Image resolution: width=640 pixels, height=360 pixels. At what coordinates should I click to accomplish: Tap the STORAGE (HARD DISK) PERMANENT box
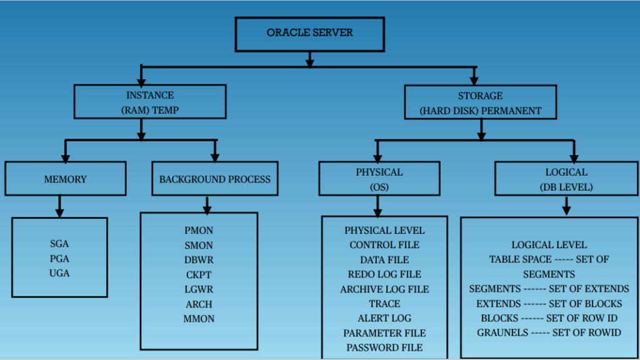[x=480, y=103]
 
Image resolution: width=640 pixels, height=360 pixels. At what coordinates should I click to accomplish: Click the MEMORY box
[x=65, y=179]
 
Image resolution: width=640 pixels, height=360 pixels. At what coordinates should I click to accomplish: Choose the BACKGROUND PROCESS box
[x=214, y=179]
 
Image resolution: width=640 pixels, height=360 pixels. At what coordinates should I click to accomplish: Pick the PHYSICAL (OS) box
[x=379, y=179]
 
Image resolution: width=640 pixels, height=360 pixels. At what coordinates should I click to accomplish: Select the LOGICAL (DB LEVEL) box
[x=566, y=179]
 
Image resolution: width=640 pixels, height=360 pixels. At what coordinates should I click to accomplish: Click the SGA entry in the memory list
[x=59, y=244]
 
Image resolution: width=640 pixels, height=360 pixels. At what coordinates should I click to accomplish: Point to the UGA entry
[x=59, y=273]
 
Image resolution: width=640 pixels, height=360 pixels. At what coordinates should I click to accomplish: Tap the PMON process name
[x=199, y=231]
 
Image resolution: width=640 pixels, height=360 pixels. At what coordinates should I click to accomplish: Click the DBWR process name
[x=199, y=260]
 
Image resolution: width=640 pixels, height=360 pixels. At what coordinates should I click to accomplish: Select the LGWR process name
[x=199, y=289]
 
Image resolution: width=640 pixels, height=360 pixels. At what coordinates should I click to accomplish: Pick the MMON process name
[x=199, y=319]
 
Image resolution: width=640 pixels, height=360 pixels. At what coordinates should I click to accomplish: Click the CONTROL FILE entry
[x=384, y=245]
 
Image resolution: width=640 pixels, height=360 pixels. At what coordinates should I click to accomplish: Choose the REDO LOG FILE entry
[x=384, y=274]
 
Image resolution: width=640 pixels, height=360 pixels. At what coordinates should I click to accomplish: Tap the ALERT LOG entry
[x=384, y=318]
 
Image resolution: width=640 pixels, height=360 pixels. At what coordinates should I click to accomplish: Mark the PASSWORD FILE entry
[x=384, y=347]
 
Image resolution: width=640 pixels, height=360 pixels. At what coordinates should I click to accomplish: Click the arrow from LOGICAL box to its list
[x=566, y=206]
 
